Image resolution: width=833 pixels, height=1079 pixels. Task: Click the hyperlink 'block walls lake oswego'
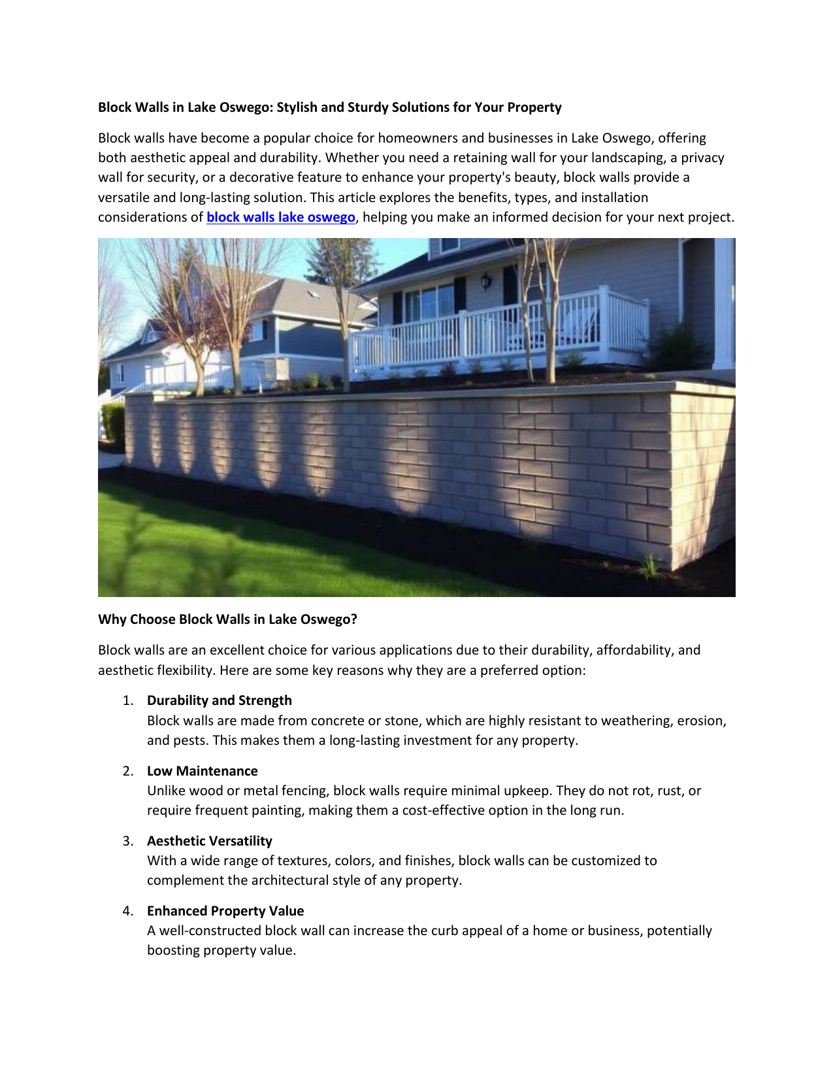point(280,217)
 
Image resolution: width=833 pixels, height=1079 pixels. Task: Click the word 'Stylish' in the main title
point(298,107)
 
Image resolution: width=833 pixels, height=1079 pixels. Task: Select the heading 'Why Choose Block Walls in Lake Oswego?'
point(227,619)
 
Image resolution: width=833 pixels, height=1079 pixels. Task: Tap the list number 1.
point(127,700)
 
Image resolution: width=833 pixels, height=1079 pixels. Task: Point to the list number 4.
point(127,911)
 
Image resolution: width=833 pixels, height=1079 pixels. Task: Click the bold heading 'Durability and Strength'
point(219,700)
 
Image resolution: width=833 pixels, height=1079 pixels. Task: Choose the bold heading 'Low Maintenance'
point(202,771)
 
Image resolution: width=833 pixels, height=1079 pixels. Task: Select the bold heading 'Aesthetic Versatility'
point(209,841)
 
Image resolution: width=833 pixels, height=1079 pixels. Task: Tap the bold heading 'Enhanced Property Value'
point(225,911)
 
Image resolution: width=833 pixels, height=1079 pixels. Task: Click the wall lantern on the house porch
point(485,281)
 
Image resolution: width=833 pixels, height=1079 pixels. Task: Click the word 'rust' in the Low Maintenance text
point(669,791)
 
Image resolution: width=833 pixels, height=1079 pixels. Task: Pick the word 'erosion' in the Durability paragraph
point(700,721)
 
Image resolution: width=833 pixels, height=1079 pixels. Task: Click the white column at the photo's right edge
point(723,301)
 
